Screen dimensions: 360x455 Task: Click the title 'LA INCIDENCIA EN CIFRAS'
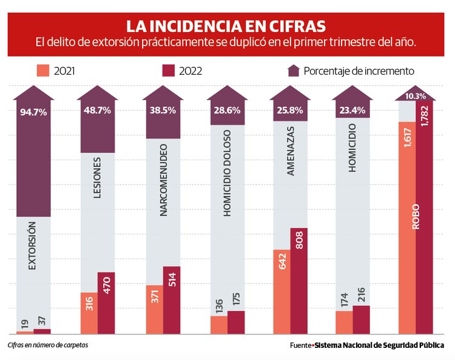(226, 26)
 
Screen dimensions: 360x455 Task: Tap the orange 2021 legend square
(42, 70)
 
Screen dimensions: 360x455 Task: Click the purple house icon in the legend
(294, 70)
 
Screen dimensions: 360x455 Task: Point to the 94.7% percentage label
(33, 112)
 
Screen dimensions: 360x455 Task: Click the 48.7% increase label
(98, 112)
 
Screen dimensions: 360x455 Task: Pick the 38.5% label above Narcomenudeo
(162, 112)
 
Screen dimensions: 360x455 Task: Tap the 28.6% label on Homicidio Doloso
(227, 111)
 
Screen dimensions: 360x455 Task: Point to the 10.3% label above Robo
(416, 96)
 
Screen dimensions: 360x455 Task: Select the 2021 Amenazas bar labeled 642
(281, 291)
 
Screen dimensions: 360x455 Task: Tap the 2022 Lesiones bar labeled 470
(106, 302)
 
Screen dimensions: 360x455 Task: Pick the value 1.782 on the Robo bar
(423, 124)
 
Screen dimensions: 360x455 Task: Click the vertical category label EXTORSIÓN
(33, 245)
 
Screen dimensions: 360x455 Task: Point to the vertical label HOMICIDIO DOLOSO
(227, 172)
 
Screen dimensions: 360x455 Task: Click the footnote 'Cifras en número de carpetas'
(48, 345)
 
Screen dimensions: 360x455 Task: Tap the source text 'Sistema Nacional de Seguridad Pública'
(379, 345)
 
